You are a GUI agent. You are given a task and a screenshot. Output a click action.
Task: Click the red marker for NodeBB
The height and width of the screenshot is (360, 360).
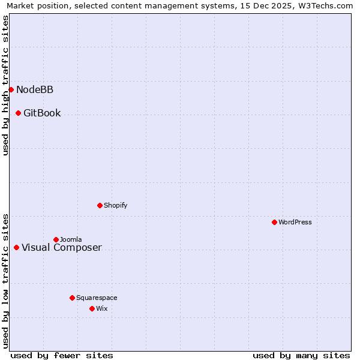[11, 89]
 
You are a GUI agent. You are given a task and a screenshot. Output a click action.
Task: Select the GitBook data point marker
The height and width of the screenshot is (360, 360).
[18, 113]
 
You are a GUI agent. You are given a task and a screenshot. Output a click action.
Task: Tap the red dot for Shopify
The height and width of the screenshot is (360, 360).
[100, 205]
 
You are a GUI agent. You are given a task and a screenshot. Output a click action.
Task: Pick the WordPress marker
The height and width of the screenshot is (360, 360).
[274, 222]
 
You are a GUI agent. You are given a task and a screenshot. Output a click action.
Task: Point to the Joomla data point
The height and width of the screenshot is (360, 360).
[56, 239]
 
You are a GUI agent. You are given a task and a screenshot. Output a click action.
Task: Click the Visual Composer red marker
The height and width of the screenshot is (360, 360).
[16, 247]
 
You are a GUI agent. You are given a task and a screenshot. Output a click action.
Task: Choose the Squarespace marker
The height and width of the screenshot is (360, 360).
[72, 298]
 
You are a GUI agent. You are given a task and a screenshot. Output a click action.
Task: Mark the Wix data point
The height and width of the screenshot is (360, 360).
[92, 308]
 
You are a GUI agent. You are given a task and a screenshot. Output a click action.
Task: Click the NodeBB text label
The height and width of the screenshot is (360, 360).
[35, 90]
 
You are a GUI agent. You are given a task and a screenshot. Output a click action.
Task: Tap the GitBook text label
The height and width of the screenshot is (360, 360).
[42, 113]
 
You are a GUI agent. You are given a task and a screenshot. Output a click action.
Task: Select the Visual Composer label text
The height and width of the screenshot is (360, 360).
[62, 248]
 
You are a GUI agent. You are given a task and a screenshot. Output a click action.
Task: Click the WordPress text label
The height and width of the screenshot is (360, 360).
[295, 222]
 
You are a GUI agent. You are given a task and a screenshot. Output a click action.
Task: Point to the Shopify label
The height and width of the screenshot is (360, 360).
[116, 205]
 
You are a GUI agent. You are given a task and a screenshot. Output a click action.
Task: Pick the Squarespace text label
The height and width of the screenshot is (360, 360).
[97, 298]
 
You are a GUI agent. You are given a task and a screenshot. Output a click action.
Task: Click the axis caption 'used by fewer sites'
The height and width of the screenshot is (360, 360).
[62, 355]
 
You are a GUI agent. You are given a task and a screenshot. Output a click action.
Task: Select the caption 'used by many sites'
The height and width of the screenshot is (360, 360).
[301, 355]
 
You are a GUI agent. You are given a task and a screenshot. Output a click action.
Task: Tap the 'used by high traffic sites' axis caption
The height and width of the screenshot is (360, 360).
[6, 85]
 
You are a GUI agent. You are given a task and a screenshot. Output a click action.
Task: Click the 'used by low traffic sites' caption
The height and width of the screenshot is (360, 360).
[6, 280]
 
